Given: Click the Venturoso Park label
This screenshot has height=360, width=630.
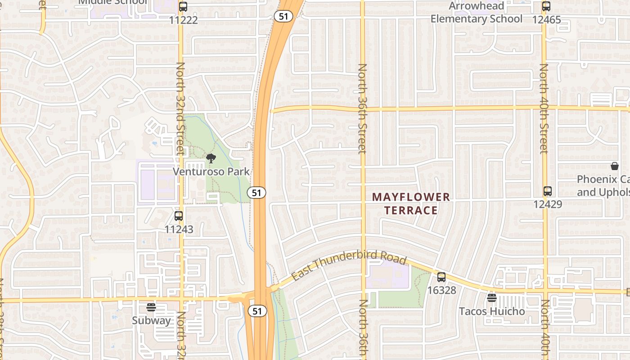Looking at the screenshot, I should pyautogui.click(x=211, y=172).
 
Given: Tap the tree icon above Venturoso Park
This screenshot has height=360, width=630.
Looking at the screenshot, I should pyautogui.click(x=211, y=158).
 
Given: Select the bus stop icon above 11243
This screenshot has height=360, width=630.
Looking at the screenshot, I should pyautogui.click(x=179, y=216).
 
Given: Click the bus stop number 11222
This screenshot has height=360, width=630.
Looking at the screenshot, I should pyautogui.click(x=183, y=20).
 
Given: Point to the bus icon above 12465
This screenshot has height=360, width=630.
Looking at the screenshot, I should pyautogui.click(x=546, y=7).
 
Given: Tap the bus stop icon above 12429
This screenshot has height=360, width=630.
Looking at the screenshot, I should pyautogui.click(x=548, y=191).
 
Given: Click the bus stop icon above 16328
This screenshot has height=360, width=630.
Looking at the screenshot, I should pyautogui.click(x=441, y=277).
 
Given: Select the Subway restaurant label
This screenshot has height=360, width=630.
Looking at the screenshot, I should pyautogui.click(x=151, y=320).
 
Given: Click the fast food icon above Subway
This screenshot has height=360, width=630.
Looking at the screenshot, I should pyautogui.click(x=151, y=307).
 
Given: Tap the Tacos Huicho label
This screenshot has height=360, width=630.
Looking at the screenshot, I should pyautogui.click(x=492, y=311).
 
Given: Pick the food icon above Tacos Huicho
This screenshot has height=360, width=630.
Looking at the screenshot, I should pyautogui.click(x=492, y=297).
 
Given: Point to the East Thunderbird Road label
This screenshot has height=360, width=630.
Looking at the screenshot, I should pyautogui.click(x=349, y=268).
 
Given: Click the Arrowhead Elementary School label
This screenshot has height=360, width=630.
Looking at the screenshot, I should pyautogui.click(x=477, y=13).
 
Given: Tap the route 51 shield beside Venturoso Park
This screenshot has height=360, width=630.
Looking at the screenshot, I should pyautogui.click(x=256, y=193).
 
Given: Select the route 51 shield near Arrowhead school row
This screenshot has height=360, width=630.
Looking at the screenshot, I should pyautogui.click(x=283, y=16).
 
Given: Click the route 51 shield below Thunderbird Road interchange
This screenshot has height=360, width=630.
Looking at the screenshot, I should pyautogui.click(x=257, y=311).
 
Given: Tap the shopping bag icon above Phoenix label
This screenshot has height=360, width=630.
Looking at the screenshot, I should pyautogui.click(x=615, y=166).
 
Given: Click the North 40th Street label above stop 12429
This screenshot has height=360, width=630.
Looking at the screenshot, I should pyautogui.click(x=544, y=108).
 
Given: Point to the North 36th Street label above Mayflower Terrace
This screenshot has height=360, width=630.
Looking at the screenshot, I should pyautogui.click(x=362, y=108).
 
